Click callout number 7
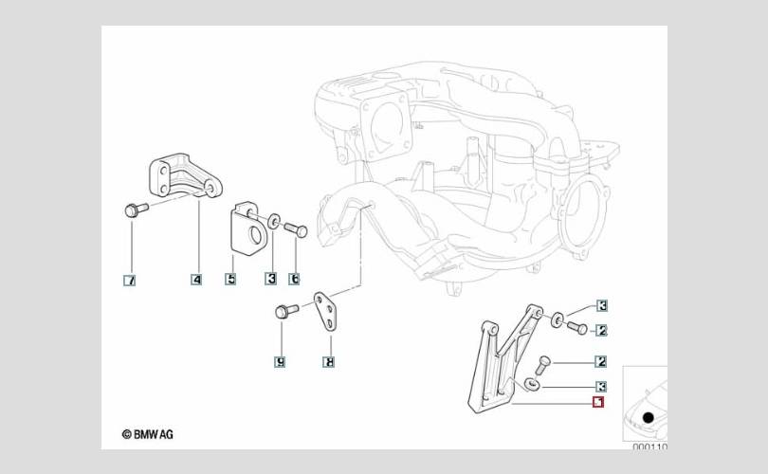tap(130, 281)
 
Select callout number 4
tap(196, 280)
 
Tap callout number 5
tap(230, 280)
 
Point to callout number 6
tap(295, 280)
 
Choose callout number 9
tap(280, 361)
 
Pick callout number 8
tap(328, 361)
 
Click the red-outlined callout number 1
tap(598, 402)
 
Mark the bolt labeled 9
tap(283, 311)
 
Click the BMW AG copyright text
tap(148, 435)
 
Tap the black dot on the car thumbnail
tap(649, 417)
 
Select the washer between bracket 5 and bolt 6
tap(272, 222)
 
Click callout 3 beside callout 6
tap(271, 280)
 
